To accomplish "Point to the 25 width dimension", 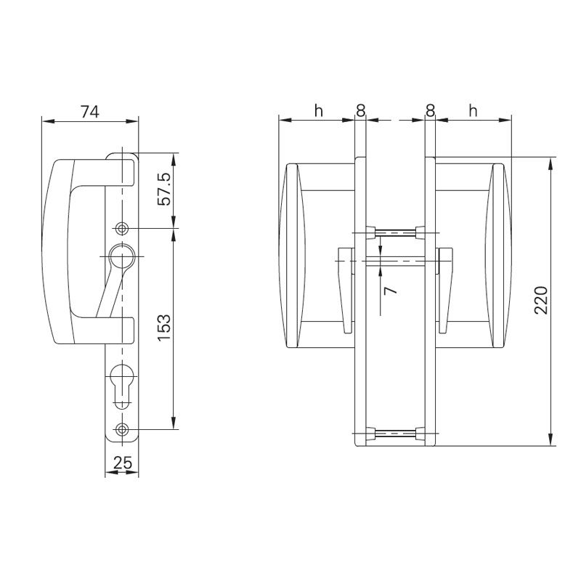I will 121,463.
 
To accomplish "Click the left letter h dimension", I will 317,110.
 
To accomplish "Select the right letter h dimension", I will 474,110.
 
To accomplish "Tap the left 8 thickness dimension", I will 360,110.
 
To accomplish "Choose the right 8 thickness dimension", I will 430,110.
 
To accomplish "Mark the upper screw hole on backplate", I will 121,229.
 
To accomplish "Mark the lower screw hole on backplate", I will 121,429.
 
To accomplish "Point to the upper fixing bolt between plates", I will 395,232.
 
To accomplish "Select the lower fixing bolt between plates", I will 395,434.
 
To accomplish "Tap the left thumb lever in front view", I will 344,287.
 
